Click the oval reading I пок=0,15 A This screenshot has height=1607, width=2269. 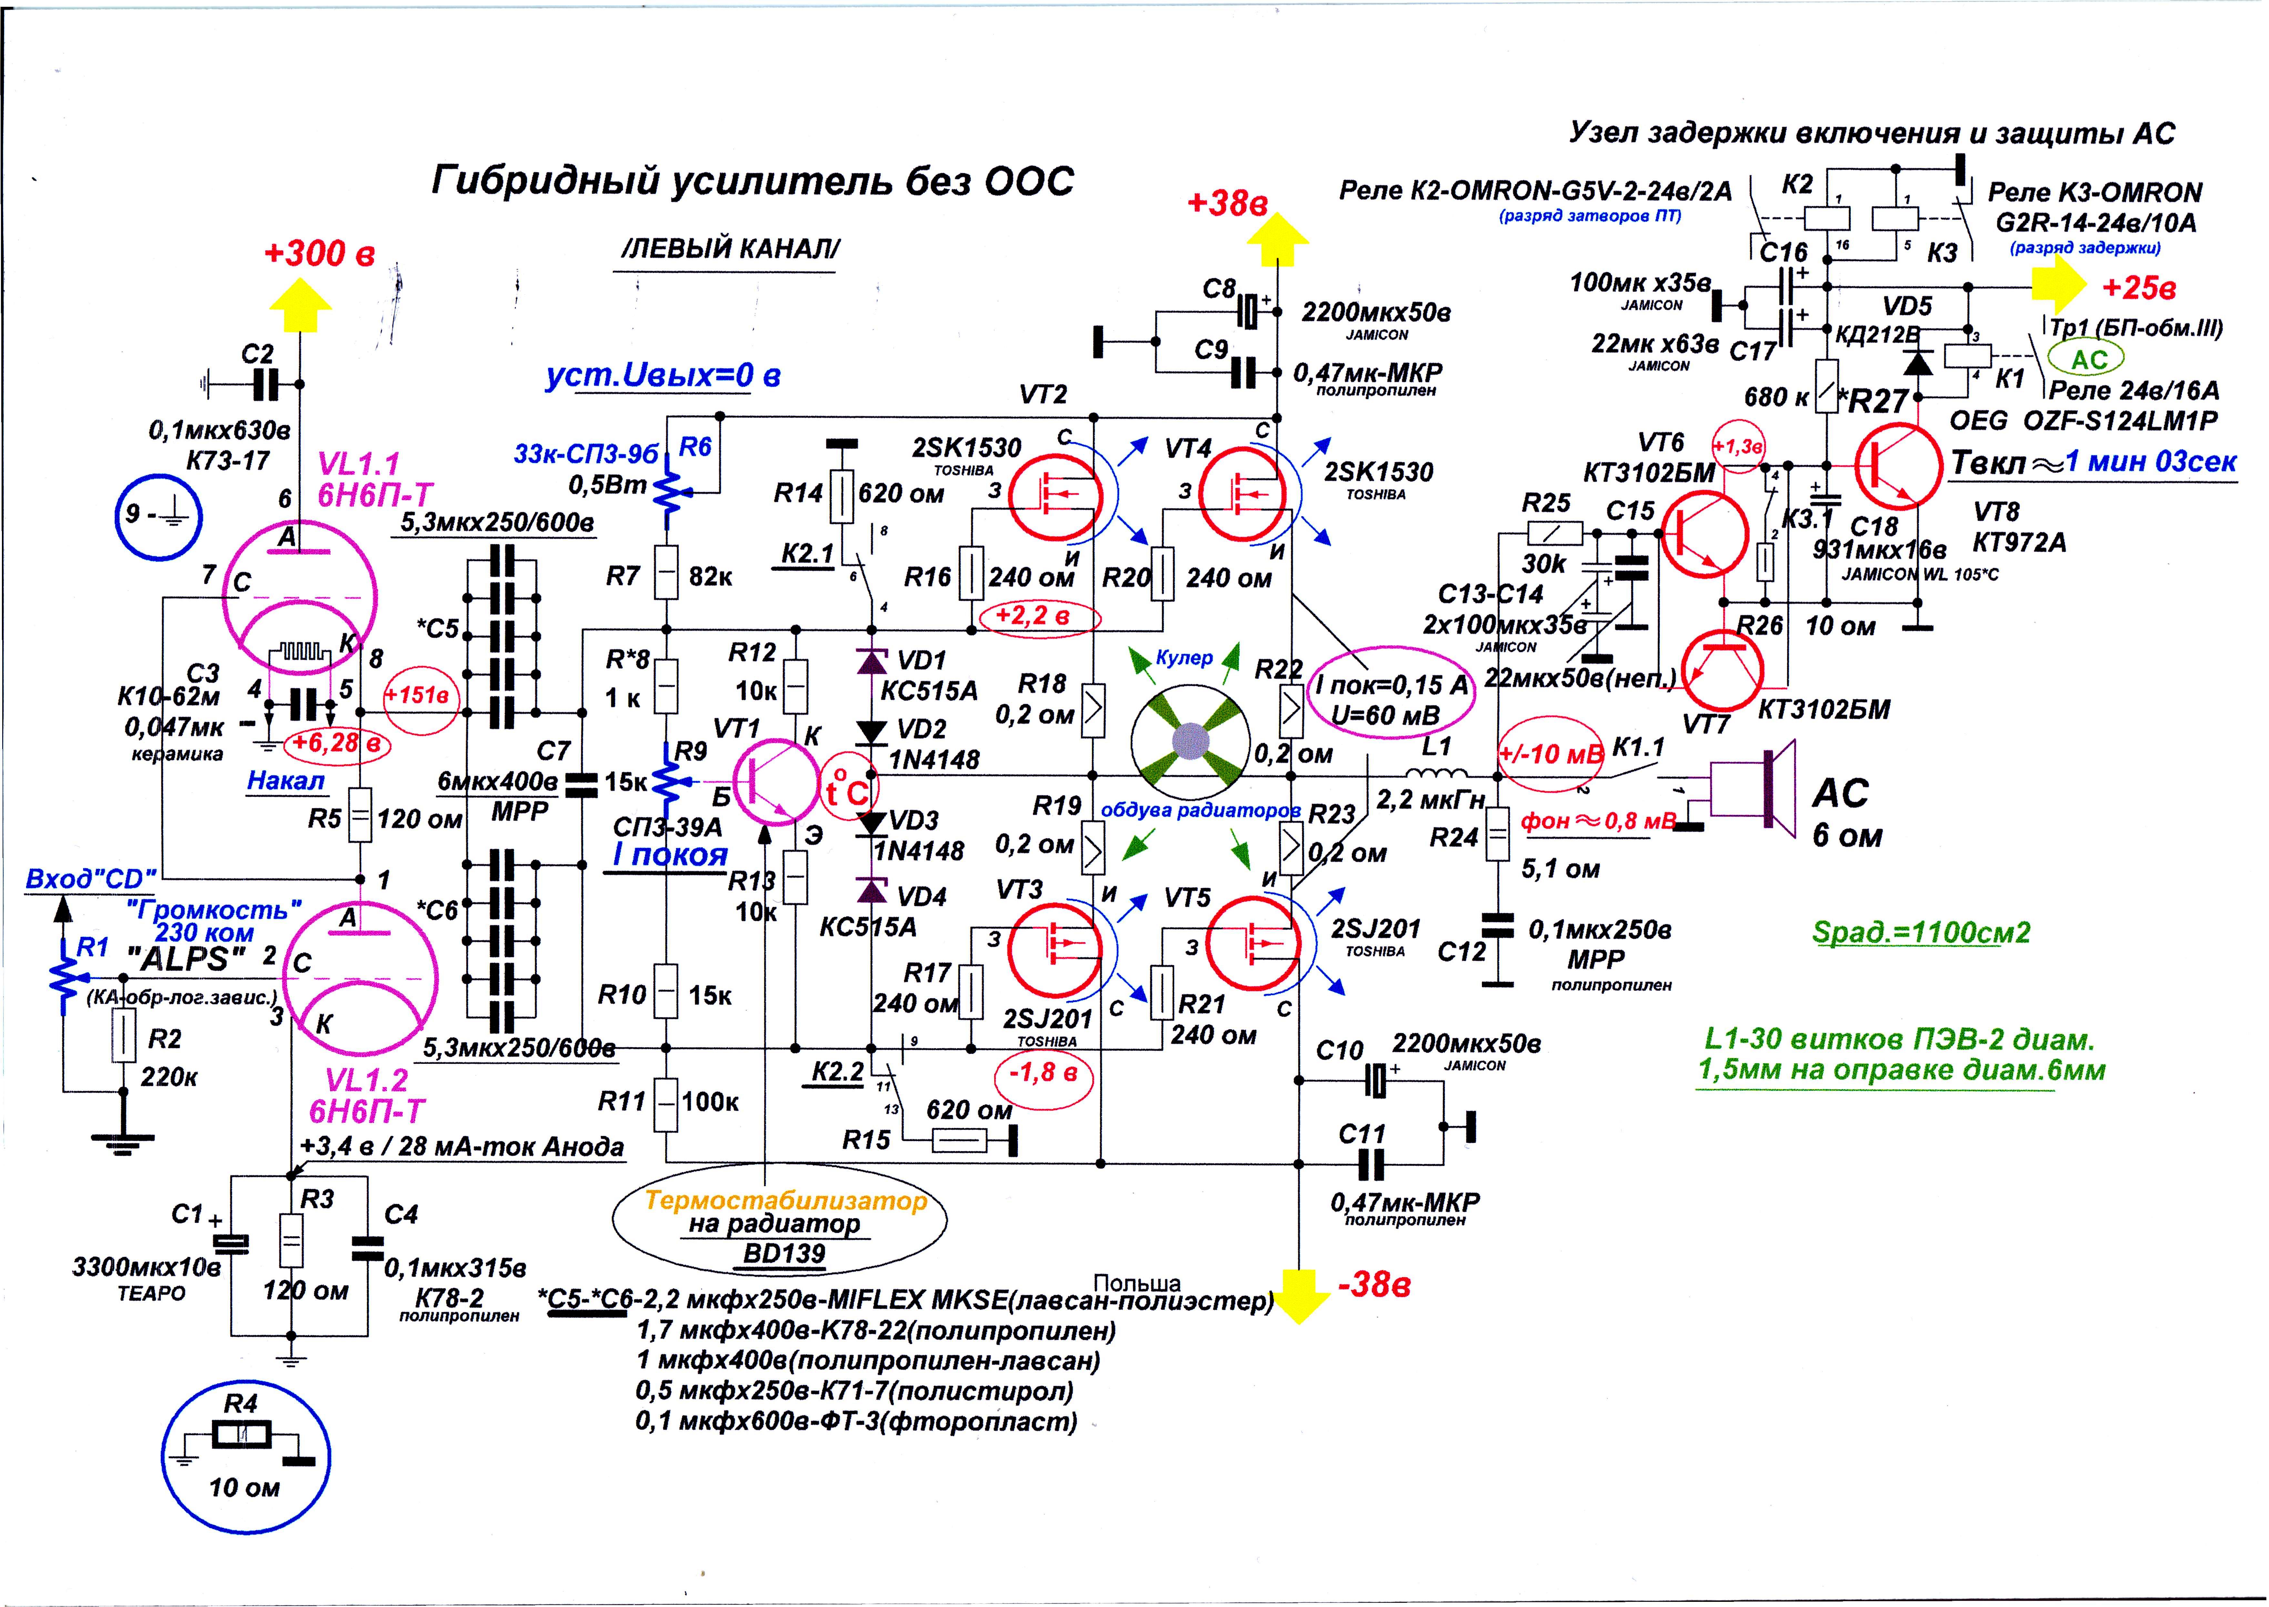1391,699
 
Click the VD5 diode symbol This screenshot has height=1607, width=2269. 1919,362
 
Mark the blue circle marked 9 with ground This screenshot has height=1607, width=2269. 157,516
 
